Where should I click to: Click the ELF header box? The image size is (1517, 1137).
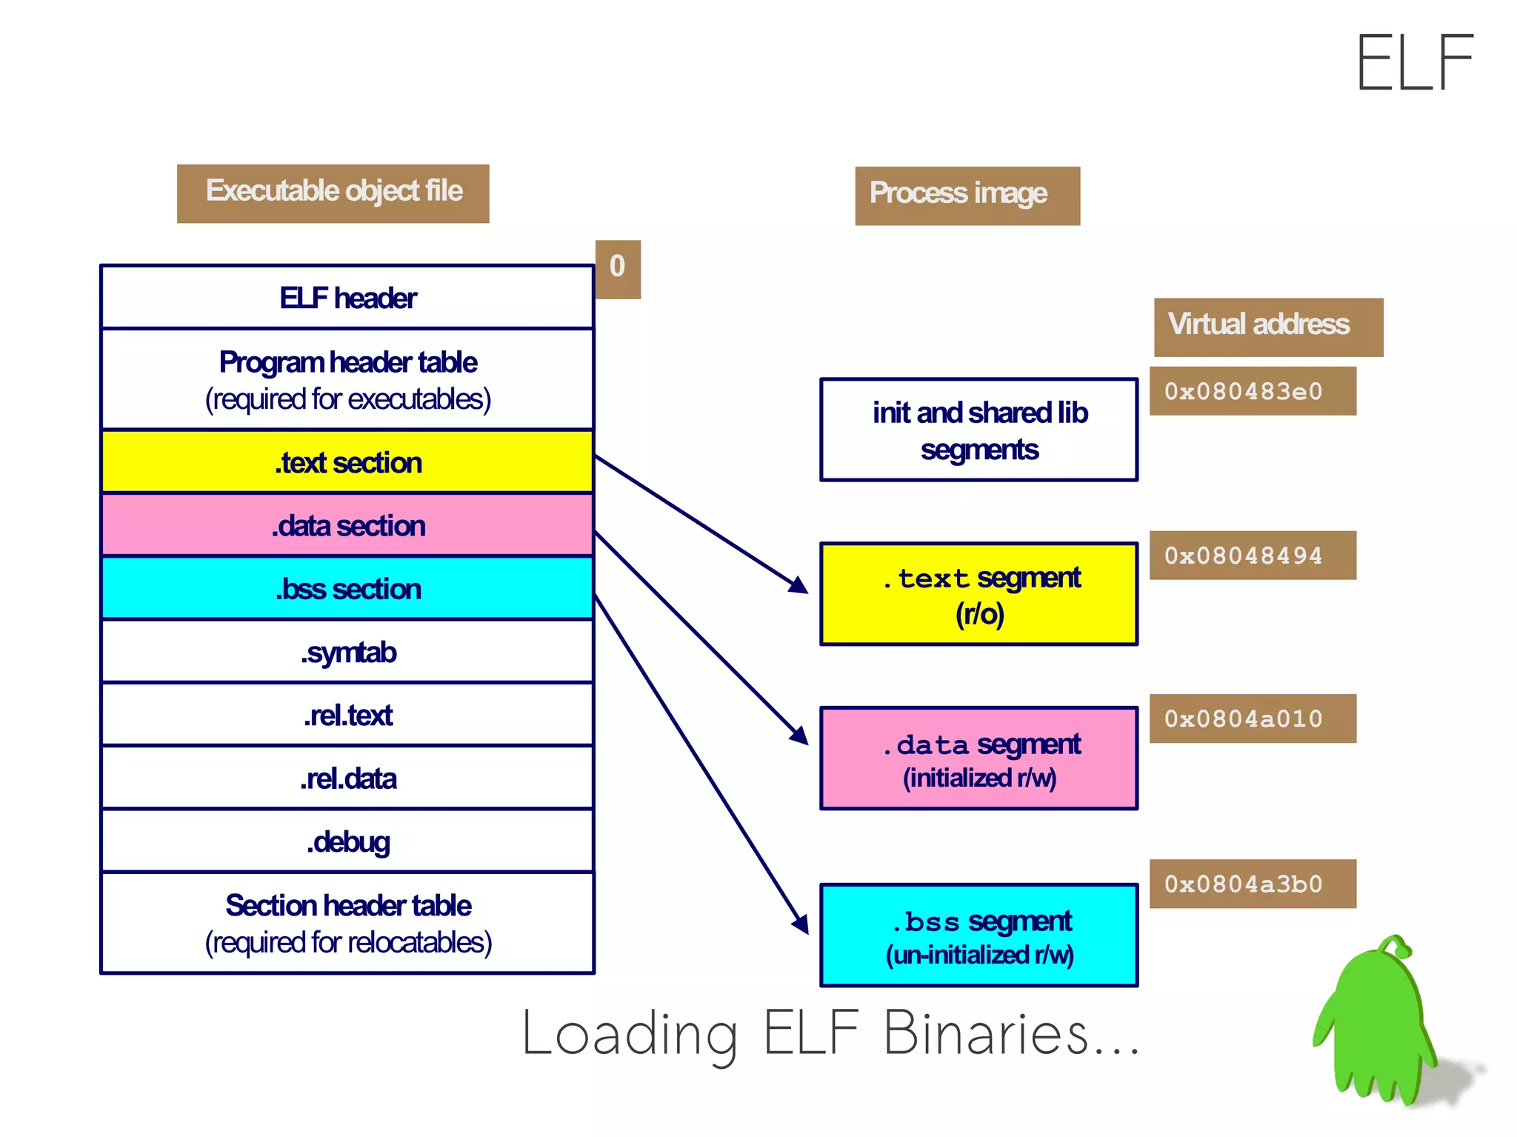347,298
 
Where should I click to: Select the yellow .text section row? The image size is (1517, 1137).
347,462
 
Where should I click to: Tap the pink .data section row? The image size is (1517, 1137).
347,525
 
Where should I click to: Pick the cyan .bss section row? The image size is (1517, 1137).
347,589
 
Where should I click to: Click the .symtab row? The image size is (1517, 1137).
347,652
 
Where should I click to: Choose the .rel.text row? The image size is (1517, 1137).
347,715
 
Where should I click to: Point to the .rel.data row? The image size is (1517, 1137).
347,778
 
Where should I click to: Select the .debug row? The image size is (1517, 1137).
347,841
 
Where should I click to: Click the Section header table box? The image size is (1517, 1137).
347,923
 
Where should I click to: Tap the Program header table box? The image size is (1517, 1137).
347,379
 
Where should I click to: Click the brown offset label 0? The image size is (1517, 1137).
618,268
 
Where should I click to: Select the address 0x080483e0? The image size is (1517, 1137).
1252,391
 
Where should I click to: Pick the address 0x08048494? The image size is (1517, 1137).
1252,556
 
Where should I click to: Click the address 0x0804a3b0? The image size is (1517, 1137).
1252,884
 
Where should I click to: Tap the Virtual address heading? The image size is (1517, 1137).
1267,327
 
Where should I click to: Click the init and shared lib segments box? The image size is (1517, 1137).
978,430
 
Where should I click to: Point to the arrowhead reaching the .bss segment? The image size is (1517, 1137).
801,924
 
